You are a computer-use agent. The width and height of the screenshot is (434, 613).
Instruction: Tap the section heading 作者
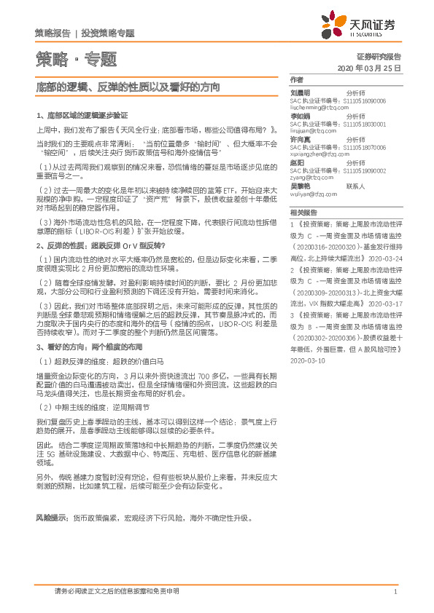[295, 79]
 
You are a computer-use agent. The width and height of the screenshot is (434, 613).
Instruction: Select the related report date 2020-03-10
[306, 360]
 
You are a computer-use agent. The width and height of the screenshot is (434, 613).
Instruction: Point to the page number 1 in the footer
[395, 592]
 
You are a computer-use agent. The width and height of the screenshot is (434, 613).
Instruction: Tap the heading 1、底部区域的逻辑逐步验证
[82, 115]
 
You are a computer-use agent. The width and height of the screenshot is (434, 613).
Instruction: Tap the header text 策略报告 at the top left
[53, 33]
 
